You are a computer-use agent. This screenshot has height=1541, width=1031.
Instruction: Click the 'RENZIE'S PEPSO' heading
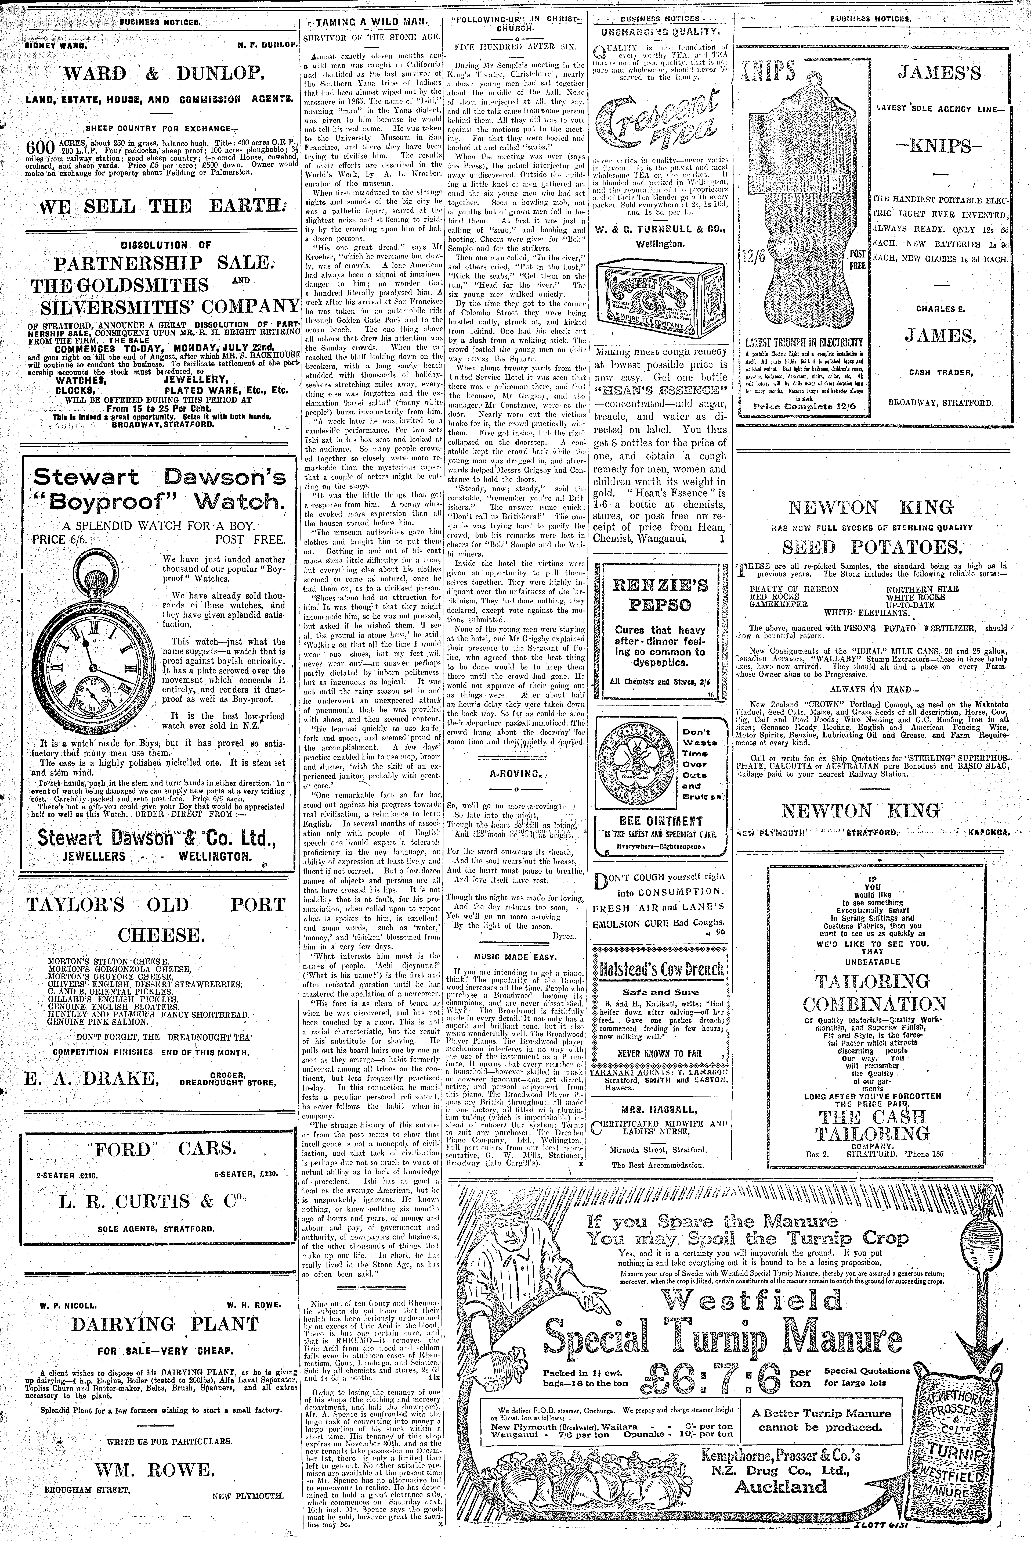pos(661,594)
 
